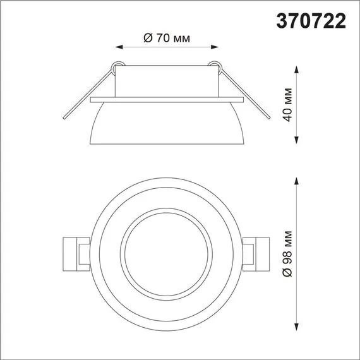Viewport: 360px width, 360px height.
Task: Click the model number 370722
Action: (312, 21)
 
